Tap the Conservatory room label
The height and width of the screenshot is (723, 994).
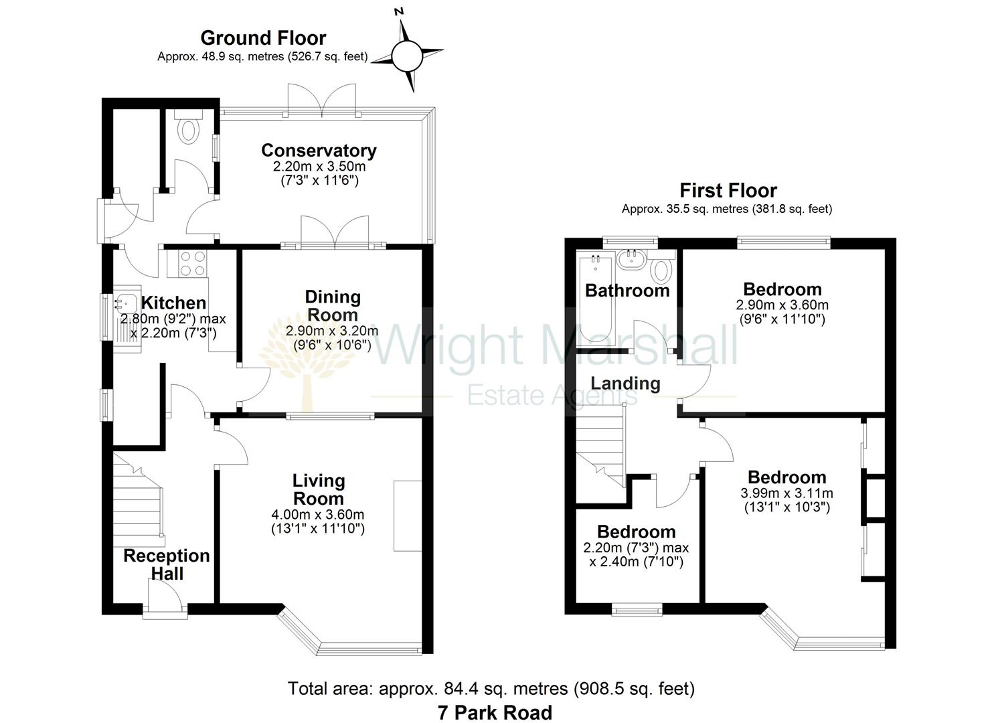click(319, 151)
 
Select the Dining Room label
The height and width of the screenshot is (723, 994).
click(332, 305)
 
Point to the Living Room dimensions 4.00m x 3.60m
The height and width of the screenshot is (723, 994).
click(318, 515)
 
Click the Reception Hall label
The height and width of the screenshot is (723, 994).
click(167, 564)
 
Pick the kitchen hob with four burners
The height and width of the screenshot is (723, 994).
click(193, 262)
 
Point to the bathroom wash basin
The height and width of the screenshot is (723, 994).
click(631, 259)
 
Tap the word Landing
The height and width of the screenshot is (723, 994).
click(625, 384)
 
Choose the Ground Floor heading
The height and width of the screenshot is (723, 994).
click(263, 38)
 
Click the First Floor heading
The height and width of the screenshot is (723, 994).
click(728, 190)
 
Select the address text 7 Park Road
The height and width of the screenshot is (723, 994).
click(495, 712)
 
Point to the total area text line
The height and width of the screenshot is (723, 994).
click(491, 688)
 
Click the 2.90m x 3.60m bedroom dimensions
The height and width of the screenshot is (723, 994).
click(782, 305)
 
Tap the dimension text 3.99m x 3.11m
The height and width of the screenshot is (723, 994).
click(786, 493)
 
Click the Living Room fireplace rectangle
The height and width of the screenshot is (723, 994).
click(408, 515)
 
